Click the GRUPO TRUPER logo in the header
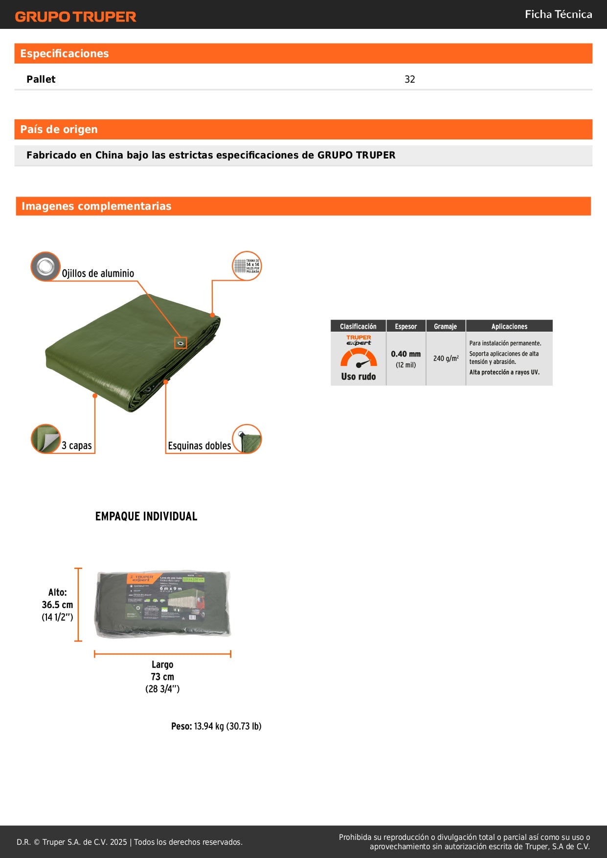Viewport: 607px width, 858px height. [75, 17]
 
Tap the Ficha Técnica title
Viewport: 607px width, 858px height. [558, 15]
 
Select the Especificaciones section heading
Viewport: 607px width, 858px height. [65, 54]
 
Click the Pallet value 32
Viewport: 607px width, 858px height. [409, 79]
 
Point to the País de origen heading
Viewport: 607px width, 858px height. [59, 130]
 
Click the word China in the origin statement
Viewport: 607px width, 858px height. [109, 155]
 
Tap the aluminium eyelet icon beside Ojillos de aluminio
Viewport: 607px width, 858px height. [45, 267]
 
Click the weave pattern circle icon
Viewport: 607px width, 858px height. [247, 266]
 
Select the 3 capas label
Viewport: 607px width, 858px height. [77, 446]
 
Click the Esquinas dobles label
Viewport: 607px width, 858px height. [199, 446]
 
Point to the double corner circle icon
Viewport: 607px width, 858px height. [247, 439]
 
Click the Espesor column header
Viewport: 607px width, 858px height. [406, 326]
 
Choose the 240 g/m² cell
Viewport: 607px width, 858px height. [446, 359]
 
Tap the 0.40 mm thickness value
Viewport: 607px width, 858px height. [405, 354]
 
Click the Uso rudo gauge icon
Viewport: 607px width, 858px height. [359, 359]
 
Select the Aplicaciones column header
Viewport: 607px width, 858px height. [509, 326]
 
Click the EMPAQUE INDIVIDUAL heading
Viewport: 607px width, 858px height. [146, 517]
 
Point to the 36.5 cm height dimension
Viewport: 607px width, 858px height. [57, 605]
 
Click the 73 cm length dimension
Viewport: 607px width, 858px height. [162, 677]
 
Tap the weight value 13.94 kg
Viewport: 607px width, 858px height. [209, 726]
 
